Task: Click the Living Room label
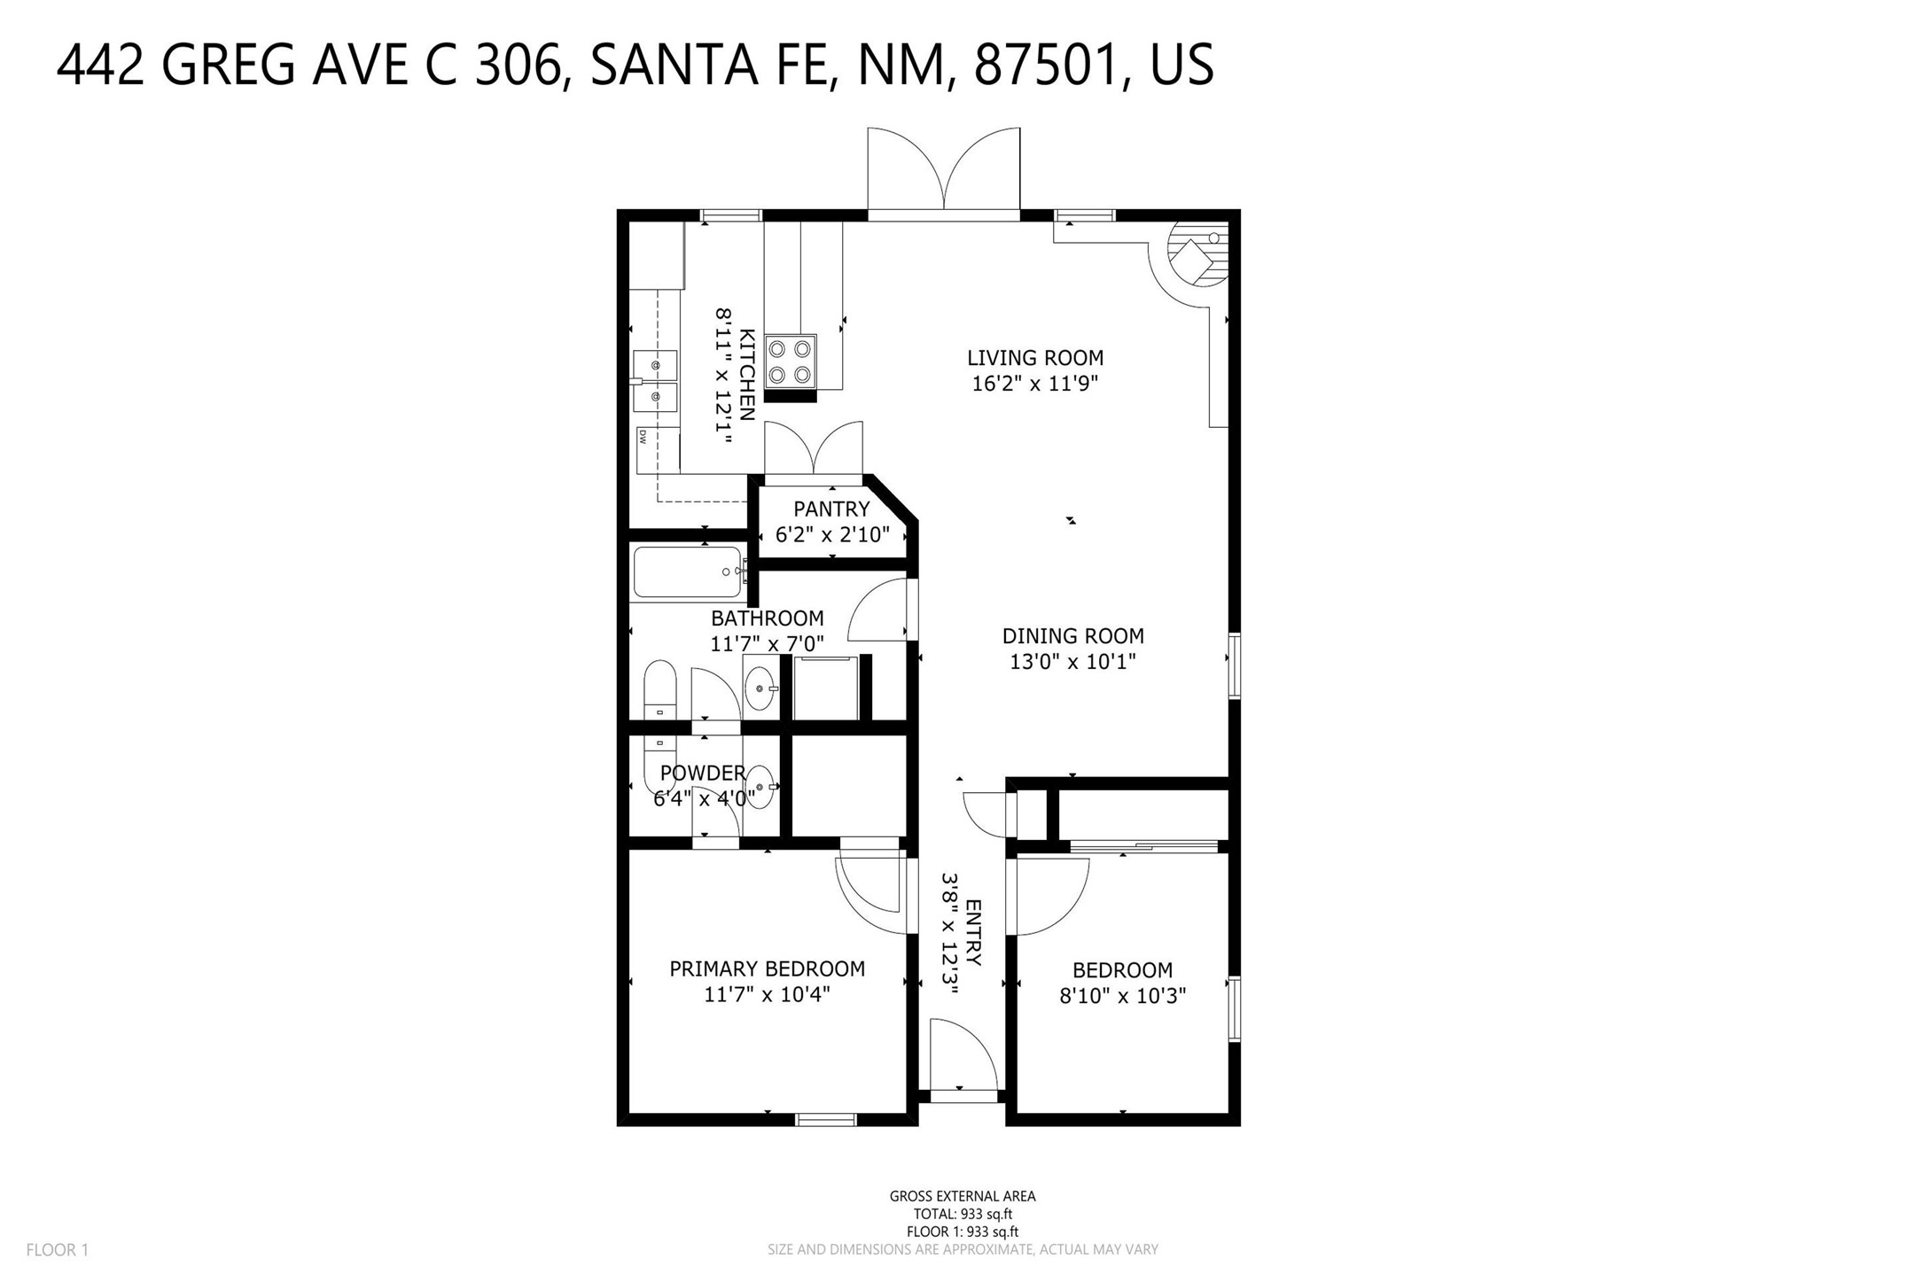point(1034,358)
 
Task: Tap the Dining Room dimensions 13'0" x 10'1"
point(1072,662)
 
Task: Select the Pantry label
point(830,509)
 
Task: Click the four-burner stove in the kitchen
point(790,362)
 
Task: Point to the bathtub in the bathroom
point(688,572)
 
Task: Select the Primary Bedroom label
point(767,969)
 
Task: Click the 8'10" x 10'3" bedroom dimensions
point(1122,996)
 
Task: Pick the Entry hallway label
point(972,932)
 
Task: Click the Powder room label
point(703,774)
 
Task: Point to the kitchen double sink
point(656,381)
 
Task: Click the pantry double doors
point(814,451)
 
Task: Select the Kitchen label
point(747,375)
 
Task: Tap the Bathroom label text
point(767,618)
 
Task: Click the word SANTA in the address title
point(673,66)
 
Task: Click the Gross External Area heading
point(962,1196)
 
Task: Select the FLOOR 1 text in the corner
point(58,1250)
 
